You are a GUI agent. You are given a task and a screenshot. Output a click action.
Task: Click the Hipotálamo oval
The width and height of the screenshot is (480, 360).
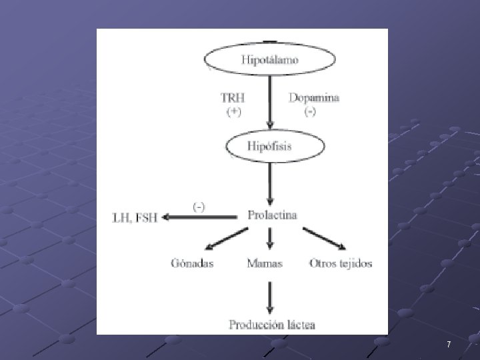[x=269, y=59]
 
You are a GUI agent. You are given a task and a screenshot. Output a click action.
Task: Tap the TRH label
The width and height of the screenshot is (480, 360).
[x=233, y=97]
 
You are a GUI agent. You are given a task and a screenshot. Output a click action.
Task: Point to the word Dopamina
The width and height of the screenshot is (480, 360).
[x=313, y=97]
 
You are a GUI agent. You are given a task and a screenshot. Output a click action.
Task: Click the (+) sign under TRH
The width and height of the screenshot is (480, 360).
[x=233, y=112]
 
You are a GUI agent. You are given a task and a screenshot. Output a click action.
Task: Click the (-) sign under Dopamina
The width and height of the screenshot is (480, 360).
[x=310, y=112]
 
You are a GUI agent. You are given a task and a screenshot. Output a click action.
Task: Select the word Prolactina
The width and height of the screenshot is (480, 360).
[x=272, y=215]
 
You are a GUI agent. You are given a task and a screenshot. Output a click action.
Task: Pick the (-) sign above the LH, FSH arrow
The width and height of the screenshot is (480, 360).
[x=199, y=206]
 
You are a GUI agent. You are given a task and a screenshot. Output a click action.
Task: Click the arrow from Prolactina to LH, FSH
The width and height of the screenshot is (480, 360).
[x=200, y=217]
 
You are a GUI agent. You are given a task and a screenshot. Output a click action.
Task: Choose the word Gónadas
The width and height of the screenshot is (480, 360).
[x=191, y=263]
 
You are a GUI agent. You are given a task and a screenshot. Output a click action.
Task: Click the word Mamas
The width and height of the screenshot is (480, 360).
[x=265, y=263]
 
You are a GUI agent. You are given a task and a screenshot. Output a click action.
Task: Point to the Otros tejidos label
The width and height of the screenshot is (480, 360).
[x=341, y=263]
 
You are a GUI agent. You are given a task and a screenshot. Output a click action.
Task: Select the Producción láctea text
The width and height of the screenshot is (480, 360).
[x=272, y=325]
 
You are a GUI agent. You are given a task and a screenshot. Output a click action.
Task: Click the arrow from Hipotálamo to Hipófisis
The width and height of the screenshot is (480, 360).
[x=270, y=103]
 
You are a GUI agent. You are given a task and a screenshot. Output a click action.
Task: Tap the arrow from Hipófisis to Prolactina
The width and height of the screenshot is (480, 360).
[x=270, y=183]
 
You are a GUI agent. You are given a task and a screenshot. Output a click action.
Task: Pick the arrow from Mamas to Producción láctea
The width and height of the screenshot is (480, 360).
[x=269, y=297]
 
